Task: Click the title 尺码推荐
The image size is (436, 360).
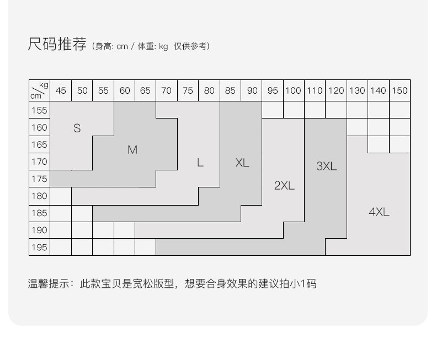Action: click(57, 45)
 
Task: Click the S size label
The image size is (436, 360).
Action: click(77, 128)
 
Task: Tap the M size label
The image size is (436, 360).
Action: click(132, 150)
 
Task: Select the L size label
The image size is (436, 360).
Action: click(200, 163)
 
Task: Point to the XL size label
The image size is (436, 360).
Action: click(242, 163)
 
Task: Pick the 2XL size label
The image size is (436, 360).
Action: click(284, 185)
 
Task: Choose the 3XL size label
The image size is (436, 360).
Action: click(326, 166)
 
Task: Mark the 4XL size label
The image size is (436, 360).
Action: click(379, 212)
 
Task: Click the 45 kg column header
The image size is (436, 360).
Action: click(61, 90)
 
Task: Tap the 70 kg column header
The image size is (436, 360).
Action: click(166, 90)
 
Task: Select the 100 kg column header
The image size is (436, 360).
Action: click(294, 90)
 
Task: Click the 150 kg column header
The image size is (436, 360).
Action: click(400, 90)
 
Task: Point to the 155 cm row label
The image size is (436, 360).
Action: click(39, 110)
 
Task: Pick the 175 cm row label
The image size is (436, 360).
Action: click(39, 179)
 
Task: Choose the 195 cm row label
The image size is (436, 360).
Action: click(39, 247)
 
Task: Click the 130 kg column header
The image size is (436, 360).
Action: click(357, 90)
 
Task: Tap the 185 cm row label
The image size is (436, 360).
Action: click(39, 213)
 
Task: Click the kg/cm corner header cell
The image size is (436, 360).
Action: click(39, 90)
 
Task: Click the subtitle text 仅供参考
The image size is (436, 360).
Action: click(190, 46)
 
